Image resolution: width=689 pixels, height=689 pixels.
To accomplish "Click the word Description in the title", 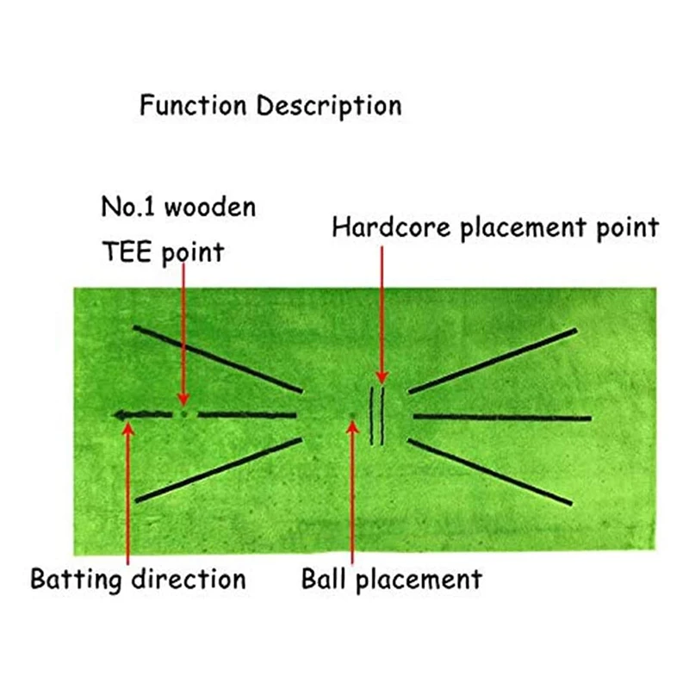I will [330, 107].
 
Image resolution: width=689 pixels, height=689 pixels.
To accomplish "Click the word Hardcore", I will [382, 228].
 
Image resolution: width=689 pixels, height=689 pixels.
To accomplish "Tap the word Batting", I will [78, 579].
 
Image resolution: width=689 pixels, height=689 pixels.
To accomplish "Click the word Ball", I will [324, 579].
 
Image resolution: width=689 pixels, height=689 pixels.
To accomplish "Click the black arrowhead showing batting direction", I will [121, 414].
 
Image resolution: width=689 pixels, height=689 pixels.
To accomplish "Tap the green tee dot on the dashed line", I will [183, 414].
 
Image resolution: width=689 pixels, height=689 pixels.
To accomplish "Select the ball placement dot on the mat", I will [351, 419].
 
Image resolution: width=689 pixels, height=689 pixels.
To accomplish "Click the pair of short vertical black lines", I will [377, 416].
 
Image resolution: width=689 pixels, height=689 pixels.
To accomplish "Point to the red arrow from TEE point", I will [183, 336].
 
